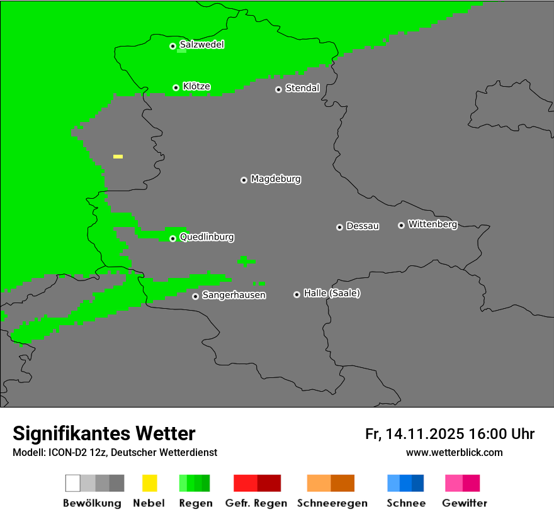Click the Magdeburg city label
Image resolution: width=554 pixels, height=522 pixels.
tap(276, 179)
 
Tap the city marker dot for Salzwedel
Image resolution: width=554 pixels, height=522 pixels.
tap(172, 46)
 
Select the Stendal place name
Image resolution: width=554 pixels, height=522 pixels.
tap(302, 88)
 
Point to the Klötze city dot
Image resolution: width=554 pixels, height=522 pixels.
tap(176, 87)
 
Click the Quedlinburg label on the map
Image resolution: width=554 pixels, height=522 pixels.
tap(206, 237)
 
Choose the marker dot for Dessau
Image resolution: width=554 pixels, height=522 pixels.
tap(339, 227)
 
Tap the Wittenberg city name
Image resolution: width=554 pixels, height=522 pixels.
tap(432, 224)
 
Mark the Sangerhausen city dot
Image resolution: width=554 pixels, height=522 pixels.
tap(195, 296)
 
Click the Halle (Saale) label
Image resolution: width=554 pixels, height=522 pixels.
tap(332, 293)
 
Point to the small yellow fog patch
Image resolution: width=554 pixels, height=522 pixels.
tap(118, 156)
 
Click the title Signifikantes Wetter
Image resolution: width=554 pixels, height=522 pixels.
tap(104, 433)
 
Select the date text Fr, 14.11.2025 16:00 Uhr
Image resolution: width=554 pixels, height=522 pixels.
tap(449, 434)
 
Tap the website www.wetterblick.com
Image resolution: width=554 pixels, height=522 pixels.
tap(454, 452)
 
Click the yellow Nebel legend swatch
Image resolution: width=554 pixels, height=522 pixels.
tap(149, 483)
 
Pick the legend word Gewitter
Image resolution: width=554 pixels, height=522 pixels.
tap(464, 503)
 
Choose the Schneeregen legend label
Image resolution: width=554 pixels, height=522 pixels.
tap(331, 503)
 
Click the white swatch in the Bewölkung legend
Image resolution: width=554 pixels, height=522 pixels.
tap(72, 483)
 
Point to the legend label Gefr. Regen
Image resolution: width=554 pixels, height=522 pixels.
tap(256, 503)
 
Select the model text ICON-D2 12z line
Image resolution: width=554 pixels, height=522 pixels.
tap(115, 452)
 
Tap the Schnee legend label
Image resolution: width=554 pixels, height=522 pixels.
tap(405, 503)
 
